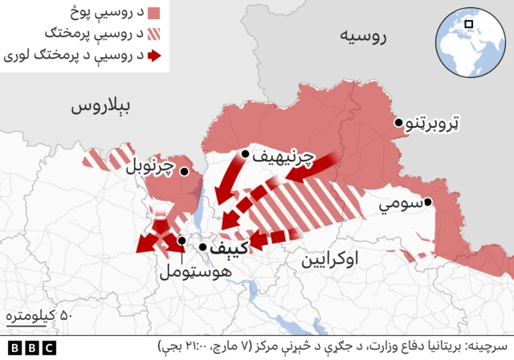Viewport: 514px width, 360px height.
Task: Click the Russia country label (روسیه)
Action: [x=363, y=35]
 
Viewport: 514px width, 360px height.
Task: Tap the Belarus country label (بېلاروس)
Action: [x=104, y=107]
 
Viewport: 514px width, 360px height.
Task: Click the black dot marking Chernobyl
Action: [x=184, y=171]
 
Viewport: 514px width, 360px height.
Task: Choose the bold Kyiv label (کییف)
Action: [x=230, y=248]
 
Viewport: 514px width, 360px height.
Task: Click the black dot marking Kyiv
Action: [x=203, y=247]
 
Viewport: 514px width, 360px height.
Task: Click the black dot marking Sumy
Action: [x=429, y=202]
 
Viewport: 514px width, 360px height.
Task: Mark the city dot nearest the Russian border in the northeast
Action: [x=398, y=123]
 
